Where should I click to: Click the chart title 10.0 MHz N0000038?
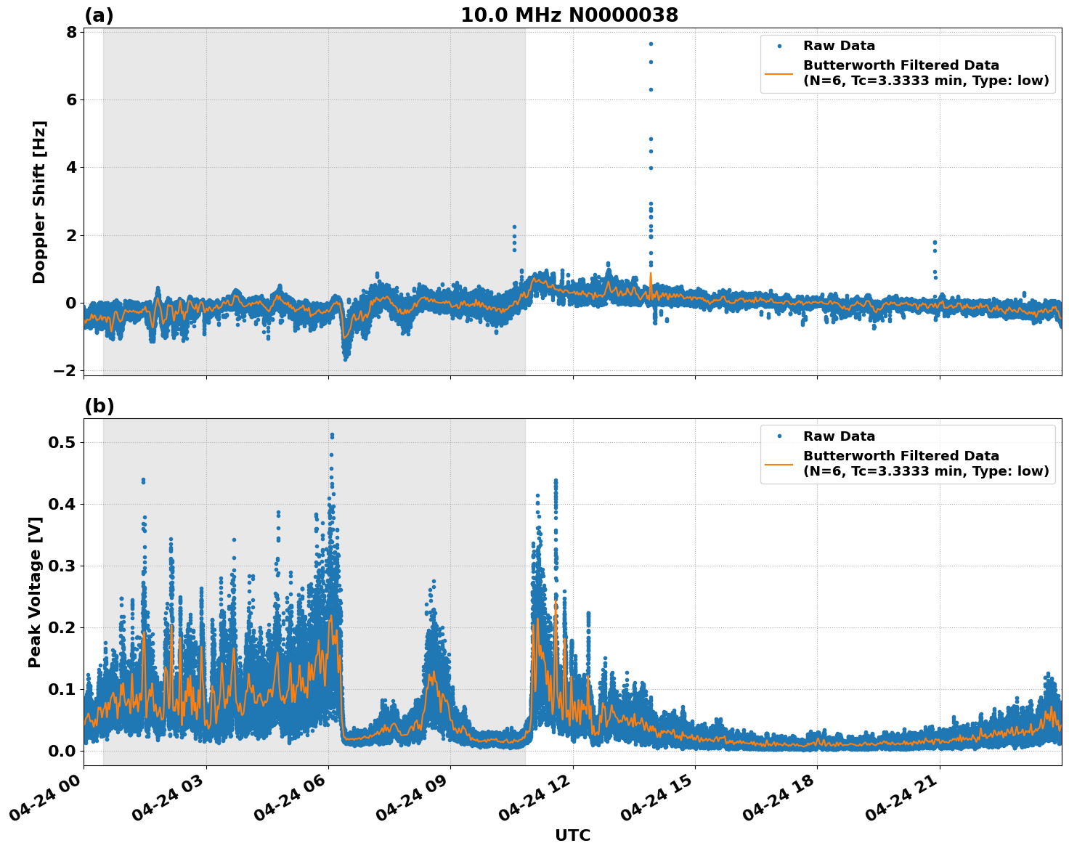click(x=569, y=15)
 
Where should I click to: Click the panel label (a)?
click(x=99, y=15)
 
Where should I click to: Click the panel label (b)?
click(x=99, y=406)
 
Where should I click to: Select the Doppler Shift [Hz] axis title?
click(x=39, y=202)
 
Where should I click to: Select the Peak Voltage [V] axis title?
click(x=35, y=592)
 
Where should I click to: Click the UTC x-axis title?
click(x=572, y=835)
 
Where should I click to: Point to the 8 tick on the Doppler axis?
click(x=71, y=32)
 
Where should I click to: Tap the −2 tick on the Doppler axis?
click(x=65, y=371)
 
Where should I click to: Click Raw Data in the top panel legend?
click(x=839, y=46)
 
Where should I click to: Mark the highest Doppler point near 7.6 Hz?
click(x=651, y=44)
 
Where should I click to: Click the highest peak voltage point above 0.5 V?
click(x=332, y=434)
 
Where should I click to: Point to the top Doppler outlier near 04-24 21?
click(x=935, y=242)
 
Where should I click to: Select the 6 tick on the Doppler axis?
click(x=71, y=99)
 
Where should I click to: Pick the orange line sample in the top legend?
click(x=779, y=73)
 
